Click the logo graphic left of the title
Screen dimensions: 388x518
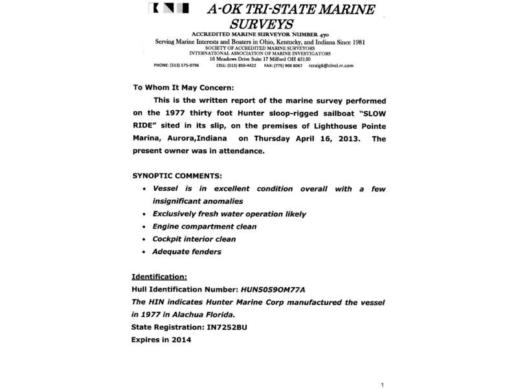click(168, 8)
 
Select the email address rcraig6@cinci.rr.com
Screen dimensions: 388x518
click(331, 66)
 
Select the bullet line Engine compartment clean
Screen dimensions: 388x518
click(204, 226)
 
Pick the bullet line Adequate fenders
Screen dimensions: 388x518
click(186, 252)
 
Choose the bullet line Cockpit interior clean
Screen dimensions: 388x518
click(194, 239)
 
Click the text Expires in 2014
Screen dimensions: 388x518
click(161, 339)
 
